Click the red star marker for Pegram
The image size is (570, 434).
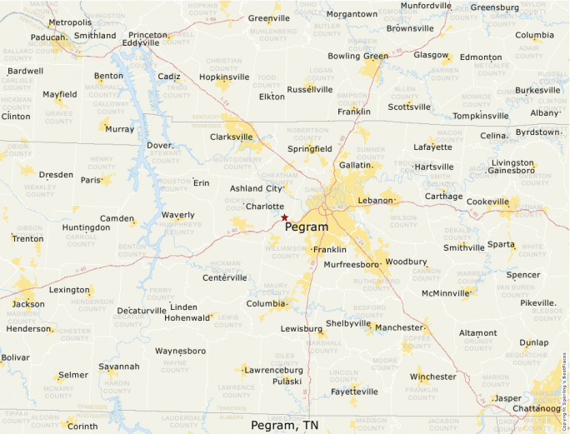point(284,217)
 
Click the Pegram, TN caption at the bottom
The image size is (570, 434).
point(284,425)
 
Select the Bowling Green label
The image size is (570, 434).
point(357,57)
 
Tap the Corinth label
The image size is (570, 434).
point(82,427)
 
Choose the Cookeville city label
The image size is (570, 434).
point(487,202)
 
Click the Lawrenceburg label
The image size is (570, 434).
point(272,369)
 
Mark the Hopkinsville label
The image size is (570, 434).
point(224,77)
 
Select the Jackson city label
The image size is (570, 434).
point(28,304)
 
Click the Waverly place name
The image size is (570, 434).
point(177,215)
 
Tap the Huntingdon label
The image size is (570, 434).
point(86,227)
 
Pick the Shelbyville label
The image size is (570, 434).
point(348,323)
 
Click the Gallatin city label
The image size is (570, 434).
point(355,166)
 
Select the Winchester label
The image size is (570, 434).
point(433,377)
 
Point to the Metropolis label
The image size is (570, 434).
point(70,22)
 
